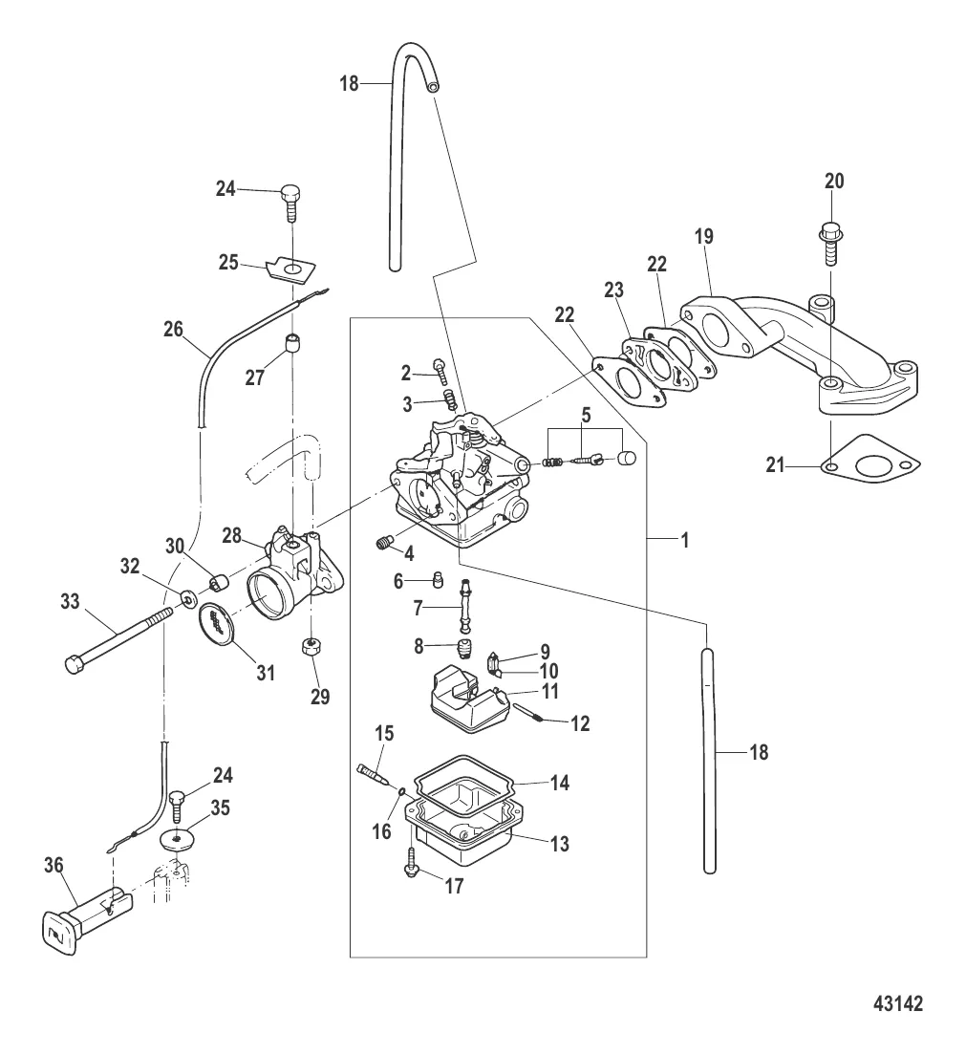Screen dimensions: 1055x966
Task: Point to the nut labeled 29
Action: point(310,647)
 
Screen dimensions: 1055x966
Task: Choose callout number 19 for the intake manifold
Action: point(704,236)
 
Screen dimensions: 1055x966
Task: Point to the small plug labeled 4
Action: point(382,545)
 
